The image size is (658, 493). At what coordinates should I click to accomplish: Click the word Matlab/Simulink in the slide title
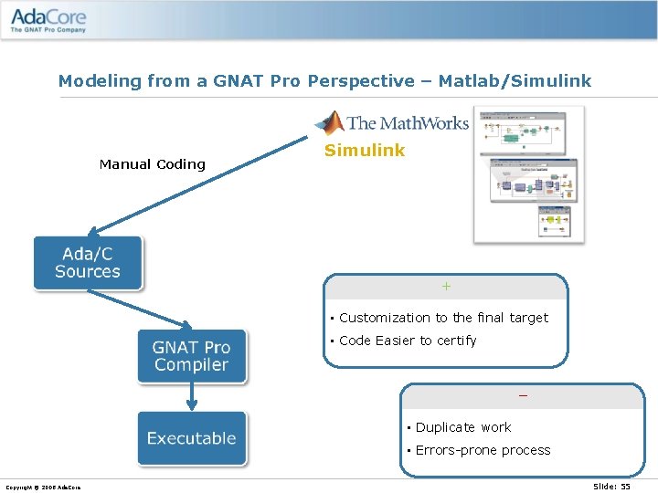[515, 81]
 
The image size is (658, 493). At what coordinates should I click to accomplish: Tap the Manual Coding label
[152, 164]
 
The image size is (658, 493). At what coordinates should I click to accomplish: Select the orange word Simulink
[365, 151]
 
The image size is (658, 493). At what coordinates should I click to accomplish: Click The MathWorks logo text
[407, 123]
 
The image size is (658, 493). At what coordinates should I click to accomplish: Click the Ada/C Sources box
[88, 263]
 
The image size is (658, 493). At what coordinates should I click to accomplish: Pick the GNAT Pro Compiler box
[191, 356]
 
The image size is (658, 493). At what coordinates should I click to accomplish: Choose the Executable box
[191, 438]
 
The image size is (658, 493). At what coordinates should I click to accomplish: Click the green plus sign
[446, 287]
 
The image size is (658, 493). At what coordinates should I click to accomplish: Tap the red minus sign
[523, 396]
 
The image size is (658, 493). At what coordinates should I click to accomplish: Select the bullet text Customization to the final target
[443, 318]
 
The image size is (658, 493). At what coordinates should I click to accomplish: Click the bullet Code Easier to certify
[408, 341]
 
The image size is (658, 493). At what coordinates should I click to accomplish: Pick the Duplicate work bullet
[463, 427]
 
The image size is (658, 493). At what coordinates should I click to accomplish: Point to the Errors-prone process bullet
[483, 450]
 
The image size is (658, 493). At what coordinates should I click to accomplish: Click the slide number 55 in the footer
[611, 487]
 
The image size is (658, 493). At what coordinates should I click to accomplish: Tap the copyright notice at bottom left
[43, 488]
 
